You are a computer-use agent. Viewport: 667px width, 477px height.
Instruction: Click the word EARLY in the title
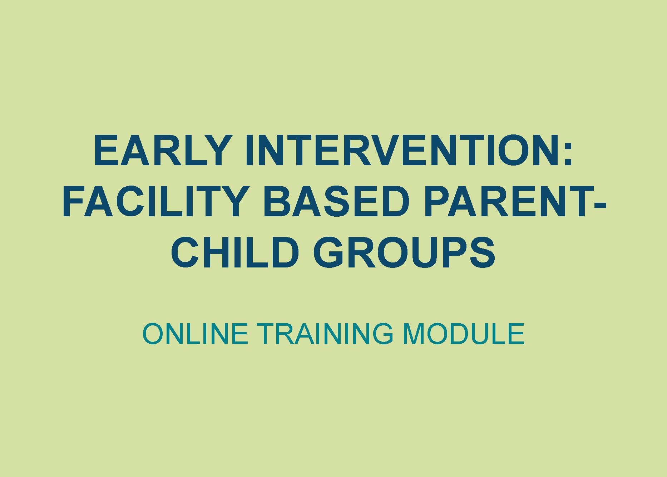pos(160,151)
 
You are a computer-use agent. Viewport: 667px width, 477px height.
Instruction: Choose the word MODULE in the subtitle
pos(463,334)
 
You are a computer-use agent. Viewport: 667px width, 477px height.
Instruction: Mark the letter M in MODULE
pos(413,334)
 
